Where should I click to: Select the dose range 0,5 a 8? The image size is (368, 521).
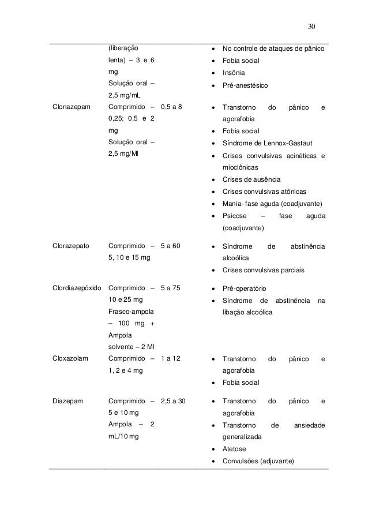174,107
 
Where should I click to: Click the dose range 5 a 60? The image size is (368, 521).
171,246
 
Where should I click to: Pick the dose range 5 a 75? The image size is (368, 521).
171,288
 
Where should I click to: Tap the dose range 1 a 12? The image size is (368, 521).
171,358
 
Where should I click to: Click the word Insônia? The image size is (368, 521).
234,73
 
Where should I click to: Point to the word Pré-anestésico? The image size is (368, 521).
245,85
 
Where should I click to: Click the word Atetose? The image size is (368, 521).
234,449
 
